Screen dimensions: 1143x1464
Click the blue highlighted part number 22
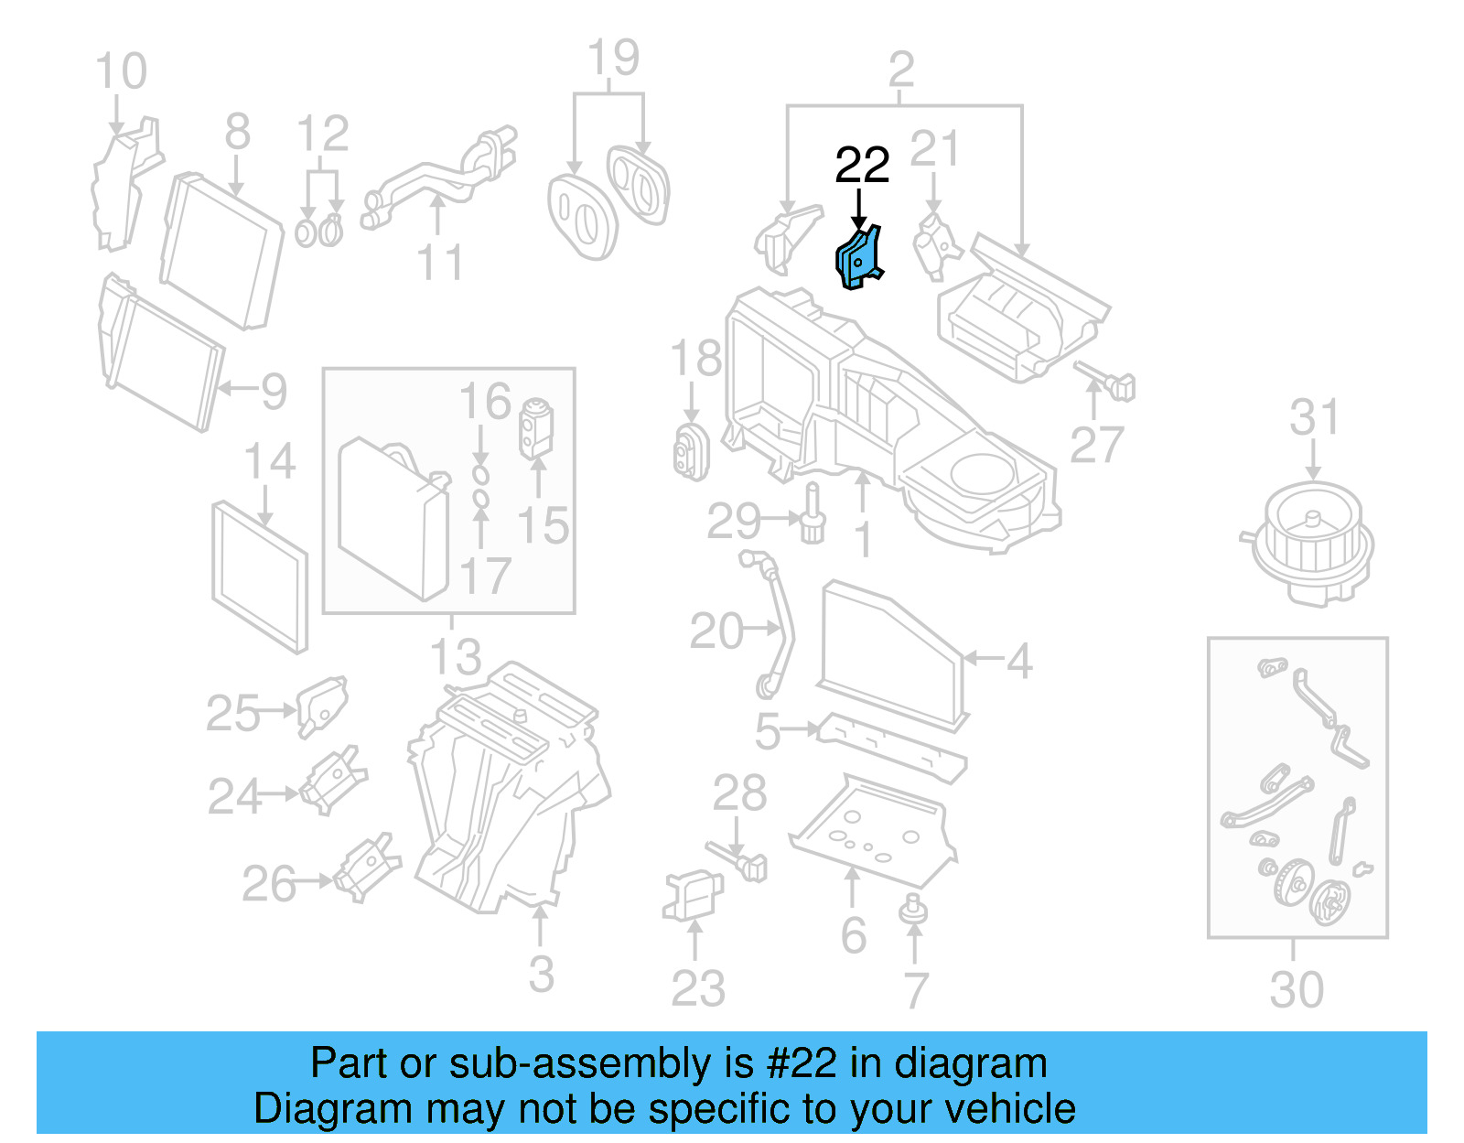tap(858, 258)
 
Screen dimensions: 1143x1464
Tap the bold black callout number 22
tap(861, 166)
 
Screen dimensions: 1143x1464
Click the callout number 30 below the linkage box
tap(1296, 989)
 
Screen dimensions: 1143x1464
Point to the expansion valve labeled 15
tap(536, 427)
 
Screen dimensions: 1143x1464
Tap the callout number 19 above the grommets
tap(612, 59)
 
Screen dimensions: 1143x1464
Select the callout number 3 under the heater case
tap(541, 974)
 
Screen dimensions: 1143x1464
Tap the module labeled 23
tap(692, 894)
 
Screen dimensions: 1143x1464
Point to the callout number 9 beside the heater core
tap(274, 392)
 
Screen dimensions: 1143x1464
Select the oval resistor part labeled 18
tap(691, 450)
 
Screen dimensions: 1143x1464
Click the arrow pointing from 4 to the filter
tap(984, 657)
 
